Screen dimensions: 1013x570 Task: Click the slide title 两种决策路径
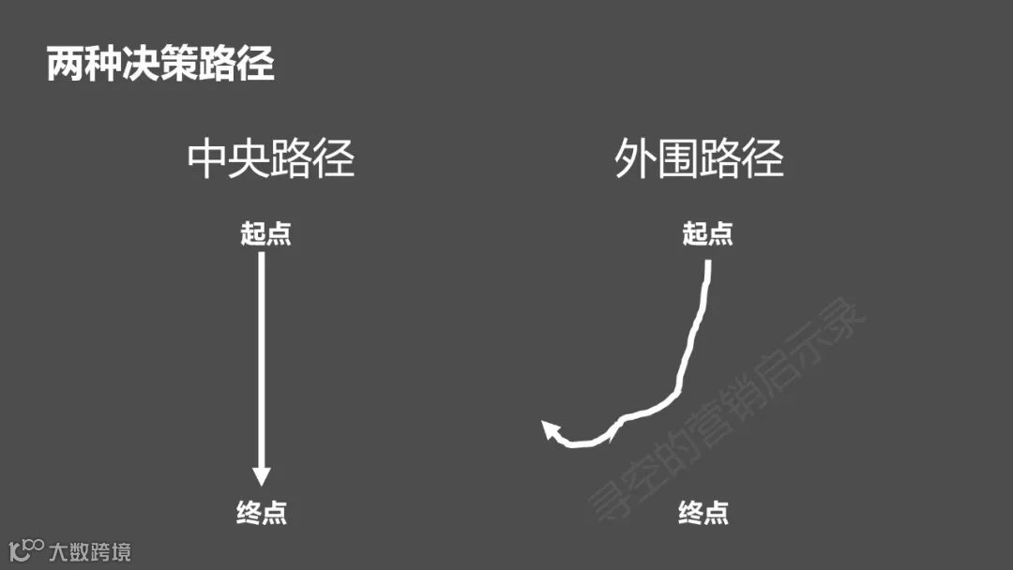[x=160, y=65]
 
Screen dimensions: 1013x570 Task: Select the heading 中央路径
[x=271, y=158]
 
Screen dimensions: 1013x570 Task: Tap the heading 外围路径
[x=699, y=158]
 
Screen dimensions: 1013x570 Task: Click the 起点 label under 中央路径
[x=265, y=233]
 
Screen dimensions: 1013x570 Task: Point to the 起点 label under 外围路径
[x=707, y=233]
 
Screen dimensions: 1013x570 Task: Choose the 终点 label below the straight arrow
[x=262, y=513]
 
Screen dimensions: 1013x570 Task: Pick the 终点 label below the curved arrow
[x=703, y=513]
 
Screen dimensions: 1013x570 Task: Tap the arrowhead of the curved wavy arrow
[x=552, y=430]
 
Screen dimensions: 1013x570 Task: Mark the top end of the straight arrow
[x=262, y=256]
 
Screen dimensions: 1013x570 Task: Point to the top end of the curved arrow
[x=708, y=263]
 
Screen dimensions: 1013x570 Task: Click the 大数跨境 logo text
[x=91, y=550]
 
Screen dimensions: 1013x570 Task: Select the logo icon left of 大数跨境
[x=25, y=548]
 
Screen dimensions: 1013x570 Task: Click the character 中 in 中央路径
[x=208, y=158]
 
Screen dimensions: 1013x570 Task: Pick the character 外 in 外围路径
[x=635, y=158]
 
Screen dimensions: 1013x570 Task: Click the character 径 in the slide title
[x=255, y=65]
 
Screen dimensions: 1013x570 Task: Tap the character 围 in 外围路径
[x=678, y=158]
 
